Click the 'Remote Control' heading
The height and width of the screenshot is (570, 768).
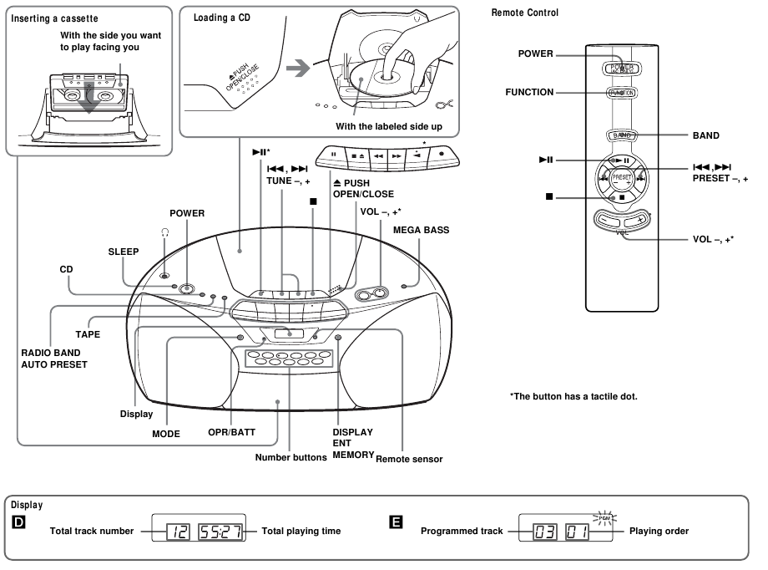pos(525,13)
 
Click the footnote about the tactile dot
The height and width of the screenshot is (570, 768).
pos(573,395)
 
